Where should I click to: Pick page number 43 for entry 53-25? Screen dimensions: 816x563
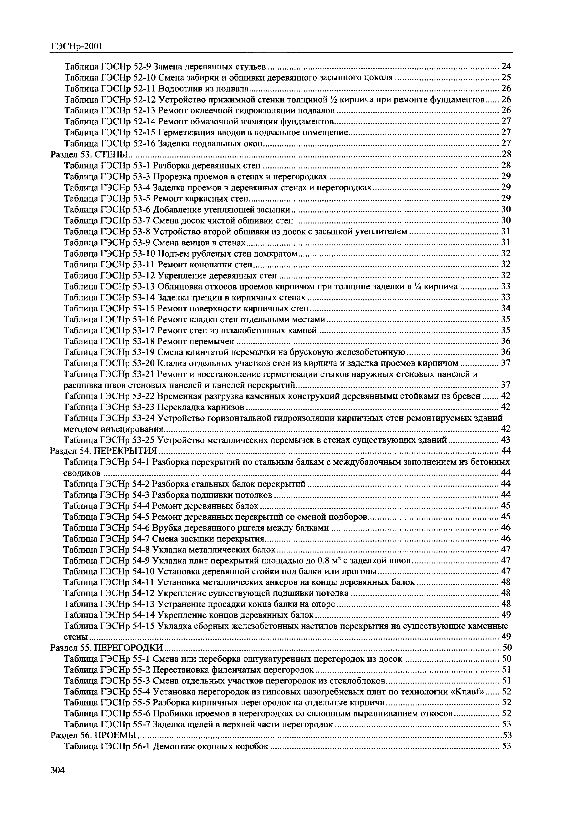tap(506, 440)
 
